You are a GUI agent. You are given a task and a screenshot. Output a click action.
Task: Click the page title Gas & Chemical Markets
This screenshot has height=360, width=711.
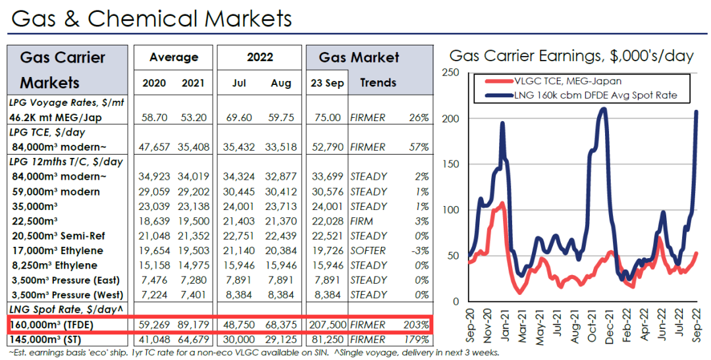pos(151,18)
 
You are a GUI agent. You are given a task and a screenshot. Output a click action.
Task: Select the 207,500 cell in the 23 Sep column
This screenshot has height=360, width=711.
pos(325,325)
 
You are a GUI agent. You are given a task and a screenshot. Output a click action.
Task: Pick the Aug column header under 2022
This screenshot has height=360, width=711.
pos(280,84)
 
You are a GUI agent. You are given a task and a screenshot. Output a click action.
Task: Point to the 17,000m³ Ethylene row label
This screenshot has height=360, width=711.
pos(57,251)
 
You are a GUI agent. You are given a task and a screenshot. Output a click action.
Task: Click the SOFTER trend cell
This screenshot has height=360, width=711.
pos(369,251)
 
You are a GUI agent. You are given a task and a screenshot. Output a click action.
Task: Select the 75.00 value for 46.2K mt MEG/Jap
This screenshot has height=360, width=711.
pos(328,118)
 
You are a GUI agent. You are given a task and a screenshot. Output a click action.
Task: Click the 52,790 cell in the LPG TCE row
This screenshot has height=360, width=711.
pos(327,146)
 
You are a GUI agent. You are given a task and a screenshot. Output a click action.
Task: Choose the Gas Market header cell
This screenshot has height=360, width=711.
pos(359,58)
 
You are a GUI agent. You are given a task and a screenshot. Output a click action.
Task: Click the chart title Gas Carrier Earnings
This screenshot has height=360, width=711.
pos(571,55)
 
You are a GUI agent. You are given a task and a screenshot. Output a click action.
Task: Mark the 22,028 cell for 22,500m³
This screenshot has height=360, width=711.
pos(327,221)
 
